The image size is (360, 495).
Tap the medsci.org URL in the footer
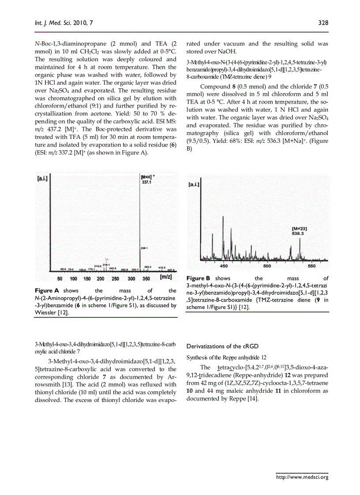[302, 476]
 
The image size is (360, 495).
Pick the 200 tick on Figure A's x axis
[101, 279]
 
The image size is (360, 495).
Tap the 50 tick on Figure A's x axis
[60, 279]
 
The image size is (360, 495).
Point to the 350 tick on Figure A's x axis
[146, 279]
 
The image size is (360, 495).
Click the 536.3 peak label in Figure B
[298, 233]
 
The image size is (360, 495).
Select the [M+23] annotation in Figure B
[299, 228]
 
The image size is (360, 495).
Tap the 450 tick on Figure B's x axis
[224, 266]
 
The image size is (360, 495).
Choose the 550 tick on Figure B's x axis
[311, 266]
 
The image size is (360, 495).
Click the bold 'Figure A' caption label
[47, 291]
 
